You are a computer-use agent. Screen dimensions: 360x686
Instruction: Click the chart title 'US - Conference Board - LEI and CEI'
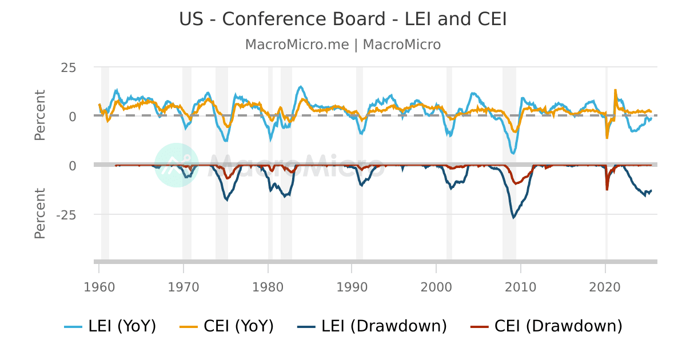pyautogui.click(x=343, y=19)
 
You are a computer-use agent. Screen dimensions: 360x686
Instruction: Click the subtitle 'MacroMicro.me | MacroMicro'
pyautogui.click(x=343, y=45)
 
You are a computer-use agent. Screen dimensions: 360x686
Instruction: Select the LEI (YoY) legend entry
pyautogui.click(x=110, y=326)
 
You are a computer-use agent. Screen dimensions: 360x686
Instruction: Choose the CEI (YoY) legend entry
pyautogui.click(x=227, y=326)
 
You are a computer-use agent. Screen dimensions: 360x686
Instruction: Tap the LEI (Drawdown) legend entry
pyautogui.click(x=372, y=326)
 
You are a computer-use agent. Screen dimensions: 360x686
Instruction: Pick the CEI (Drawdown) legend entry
pyautogui.click(x=546, y=326)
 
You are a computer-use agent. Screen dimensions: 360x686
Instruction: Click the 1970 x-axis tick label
pyautogui.click(x=184, y=286)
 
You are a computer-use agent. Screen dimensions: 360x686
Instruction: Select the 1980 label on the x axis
pyautogui.click(x=268, y=286)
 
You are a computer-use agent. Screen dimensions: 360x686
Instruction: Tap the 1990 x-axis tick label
pyautogui.click(x=352, y=286)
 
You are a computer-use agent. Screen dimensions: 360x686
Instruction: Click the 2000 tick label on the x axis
pyautogui.click(x=436, y=286)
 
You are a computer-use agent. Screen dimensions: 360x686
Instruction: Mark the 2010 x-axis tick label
pyautogui.click(x=520, y=286)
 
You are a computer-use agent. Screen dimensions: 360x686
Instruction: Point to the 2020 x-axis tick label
pyautogui.click(x=605, y=286)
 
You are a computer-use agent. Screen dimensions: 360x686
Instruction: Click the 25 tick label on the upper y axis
pyautogui.click(x=69, y=67)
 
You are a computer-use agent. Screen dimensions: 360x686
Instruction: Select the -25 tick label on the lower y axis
pyautogui.click(x=66, y=215)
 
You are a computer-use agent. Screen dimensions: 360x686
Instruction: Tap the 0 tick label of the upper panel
pyautogui.click(x=72, y=117)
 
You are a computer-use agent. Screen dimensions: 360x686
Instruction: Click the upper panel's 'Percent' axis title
pyautogui.click(x=40, y=115)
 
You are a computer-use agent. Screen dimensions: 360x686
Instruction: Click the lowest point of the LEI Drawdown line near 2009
pyautogui.click(x=513, y=218)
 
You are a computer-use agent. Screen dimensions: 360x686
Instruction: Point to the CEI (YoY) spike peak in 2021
pyautogui.click(x=615, y=90)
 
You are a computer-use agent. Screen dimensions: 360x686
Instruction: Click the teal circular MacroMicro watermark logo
pyautogui.click(x=177, y=165)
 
